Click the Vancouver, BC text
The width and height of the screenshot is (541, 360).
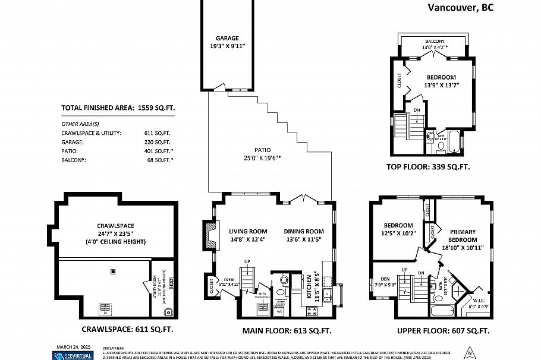pyautogui.click(x=460, y=8)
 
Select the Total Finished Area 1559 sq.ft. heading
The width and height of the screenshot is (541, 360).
pyautogui.click(x=118, y=108)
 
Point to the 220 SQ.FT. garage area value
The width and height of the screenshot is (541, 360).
pyautogui.click(x=158, y=143)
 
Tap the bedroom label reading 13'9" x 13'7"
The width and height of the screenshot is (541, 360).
pyautogui.click(x=441, y=81)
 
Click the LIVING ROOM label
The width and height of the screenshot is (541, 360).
pyautogui.click(x=248, y=235)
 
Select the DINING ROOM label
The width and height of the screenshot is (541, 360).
pyautogui.click(x=303, y=235)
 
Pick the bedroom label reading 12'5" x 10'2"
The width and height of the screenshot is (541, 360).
pyautogui.click(x=398, y=229)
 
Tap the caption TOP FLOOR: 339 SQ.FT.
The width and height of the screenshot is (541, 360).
pyautogui.click(x=436, y=168)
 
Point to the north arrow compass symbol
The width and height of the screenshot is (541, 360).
pyautogui.click(x=470, y=350)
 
